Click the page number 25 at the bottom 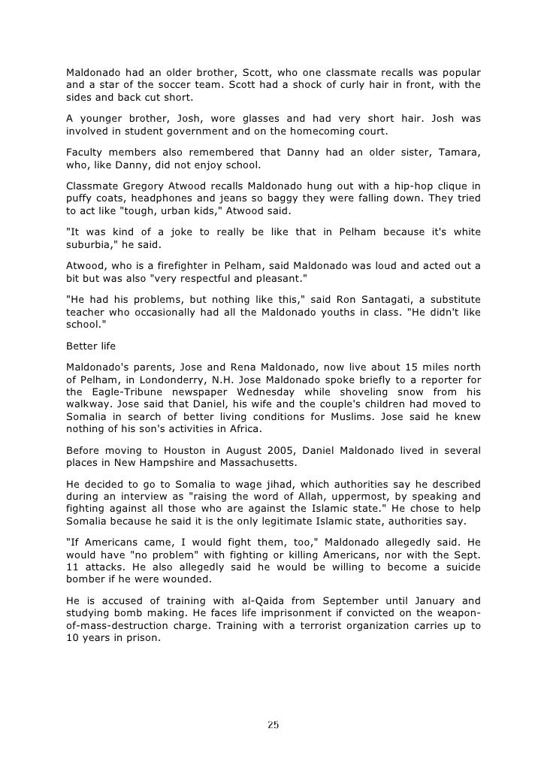coord(273,725)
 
